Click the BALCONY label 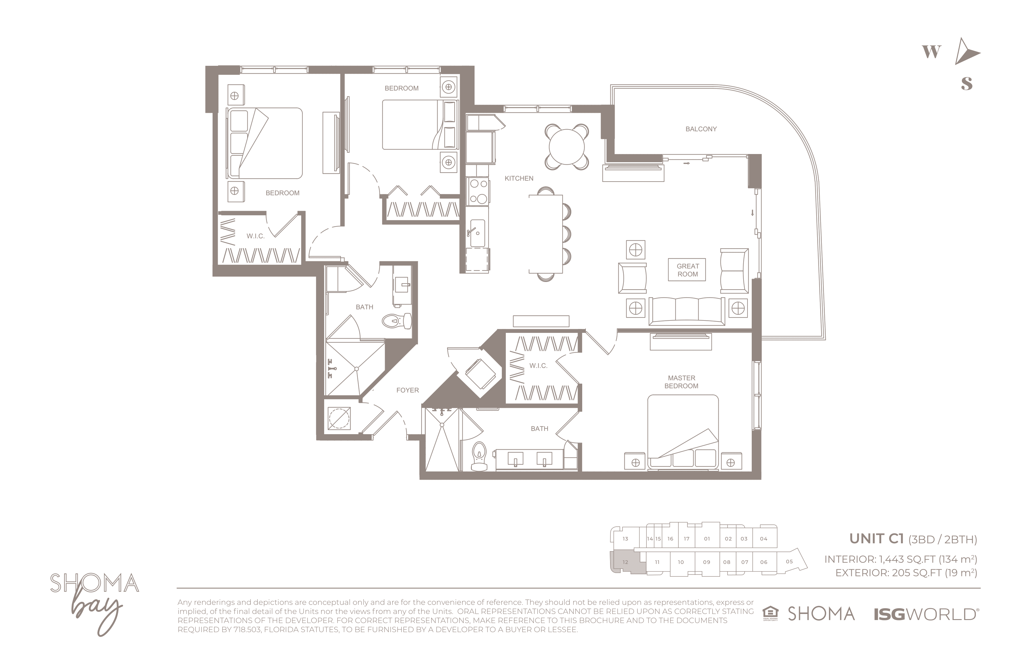pyautogui.click(x=701, y=129)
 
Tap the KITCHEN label pyautogui.click(x=519, y=179)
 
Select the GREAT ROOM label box pyautogui.click(x=687, y=270)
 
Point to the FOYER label pyautogui.click(x=408, y=390)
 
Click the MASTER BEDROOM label pyautogui.click(x=681, y=382)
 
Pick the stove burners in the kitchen pyautogui.click(x=478, y=191)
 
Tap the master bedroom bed pyautogui.click(x=683, y=432)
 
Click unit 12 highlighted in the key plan pyautogui.click(x=627, y=562)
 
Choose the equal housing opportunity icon pyautogui.click(x=770, y=614)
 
